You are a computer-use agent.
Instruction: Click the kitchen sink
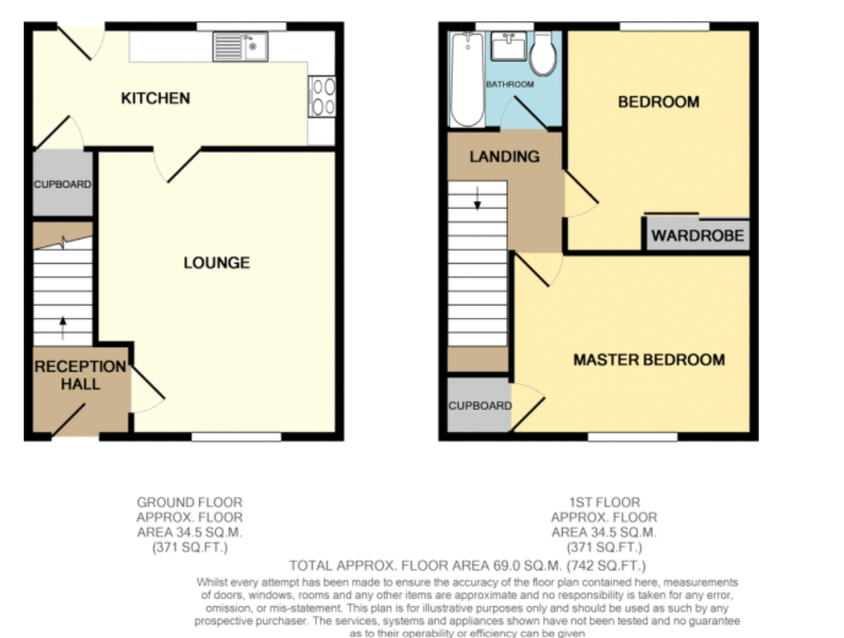pos(240,47)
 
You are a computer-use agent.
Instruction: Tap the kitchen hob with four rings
pos(322,96)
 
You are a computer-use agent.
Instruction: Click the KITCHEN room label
pos(155,98)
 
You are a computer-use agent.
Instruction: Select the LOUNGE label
pos(217,263)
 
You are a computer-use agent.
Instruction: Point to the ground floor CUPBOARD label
pos(62,184)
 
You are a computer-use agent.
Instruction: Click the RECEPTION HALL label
pos(80,375)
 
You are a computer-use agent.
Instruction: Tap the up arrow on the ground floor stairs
pos(63,328)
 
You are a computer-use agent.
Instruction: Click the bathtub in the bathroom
pos(467,79)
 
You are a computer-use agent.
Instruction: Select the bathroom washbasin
pos(509,47)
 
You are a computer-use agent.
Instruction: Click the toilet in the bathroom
pos(543,54)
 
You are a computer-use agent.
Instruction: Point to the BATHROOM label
pos(510,84)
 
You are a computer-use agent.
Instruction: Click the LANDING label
pos(504,157)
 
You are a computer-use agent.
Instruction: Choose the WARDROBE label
pos(698,235)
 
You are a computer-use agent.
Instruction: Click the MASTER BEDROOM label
pos(649,359)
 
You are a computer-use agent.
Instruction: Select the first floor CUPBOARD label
pos(480,405)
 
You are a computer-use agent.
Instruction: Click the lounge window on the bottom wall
pos(236,437)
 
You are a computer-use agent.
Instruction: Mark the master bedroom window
pos(632,437)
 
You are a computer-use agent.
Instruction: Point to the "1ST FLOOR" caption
pos(605,502)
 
